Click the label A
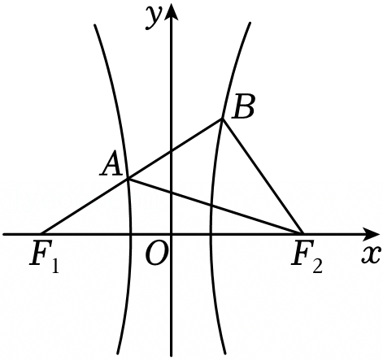[111, 167]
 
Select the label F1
[44, 257]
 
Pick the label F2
[307, 257]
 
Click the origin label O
[155, 253]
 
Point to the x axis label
[370, 255]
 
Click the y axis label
[154, 17]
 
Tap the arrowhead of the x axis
[371, 233]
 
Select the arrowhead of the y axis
[171, 11]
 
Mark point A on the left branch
[128, 179]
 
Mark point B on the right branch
[223, 119]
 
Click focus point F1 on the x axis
[41, 233]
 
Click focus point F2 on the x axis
[302, 233]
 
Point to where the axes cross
[171, 233]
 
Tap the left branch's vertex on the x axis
[131, 233]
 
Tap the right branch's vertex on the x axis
[211, 233]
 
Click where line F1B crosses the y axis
[171, 151]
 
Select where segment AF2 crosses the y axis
[171, 193]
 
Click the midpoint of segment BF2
[262, 176]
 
